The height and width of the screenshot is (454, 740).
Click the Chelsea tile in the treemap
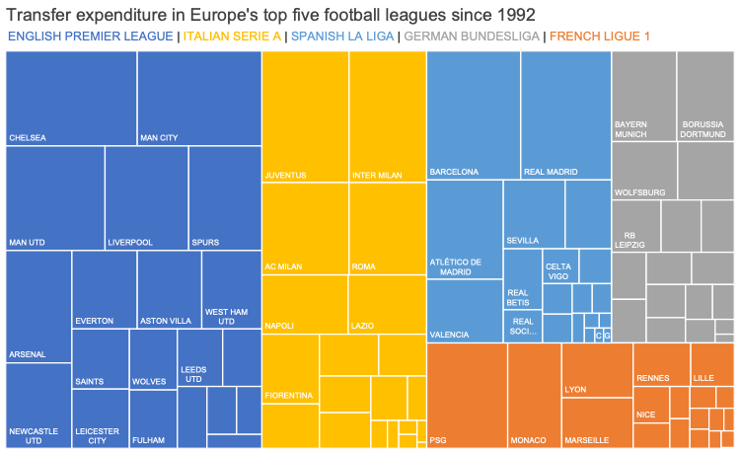[x=71, y=98]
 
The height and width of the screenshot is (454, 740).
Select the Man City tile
[x=199, y=98]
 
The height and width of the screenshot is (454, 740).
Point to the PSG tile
[x=467, y=395]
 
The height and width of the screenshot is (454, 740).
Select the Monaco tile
[x=534, y=395]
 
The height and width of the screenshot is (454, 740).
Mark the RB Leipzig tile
[x=636, y=226]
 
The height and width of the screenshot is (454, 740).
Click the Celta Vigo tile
[x=559, y=266]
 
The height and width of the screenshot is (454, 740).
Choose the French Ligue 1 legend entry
[x=600, y=37]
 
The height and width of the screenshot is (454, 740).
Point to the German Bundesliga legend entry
[x=472, y=37]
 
